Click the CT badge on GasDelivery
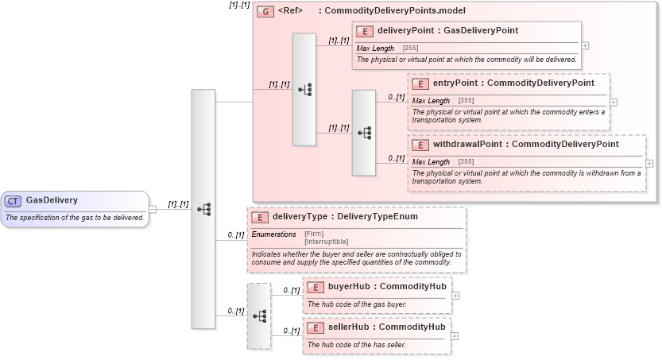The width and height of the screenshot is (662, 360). pos(13,201)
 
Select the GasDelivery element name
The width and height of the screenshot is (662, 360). pos(52,200)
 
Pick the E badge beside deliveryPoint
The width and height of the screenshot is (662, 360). pos(365,31)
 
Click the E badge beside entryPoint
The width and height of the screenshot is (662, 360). pos(420,83)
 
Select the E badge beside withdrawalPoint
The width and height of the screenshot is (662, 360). pos(420,145)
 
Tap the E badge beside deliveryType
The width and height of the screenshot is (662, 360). pos(260,217)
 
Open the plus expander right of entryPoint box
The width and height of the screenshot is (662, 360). pos(614,102)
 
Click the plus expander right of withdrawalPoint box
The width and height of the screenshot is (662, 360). pos(650,163)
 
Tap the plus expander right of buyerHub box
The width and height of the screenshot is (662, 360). pos(455,295)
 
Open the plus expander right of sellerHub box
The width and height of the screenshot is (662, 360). pos(455,335)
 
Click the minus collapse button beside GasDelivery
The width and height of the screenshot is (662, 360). pos(153,209)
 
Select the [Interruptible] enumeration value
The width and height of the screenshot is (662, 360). pos(327,241)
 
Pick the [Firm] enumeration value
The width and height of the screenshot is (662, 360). pos(314,234)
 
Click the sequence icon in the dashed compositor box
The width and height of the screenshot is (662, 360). pos(259,315)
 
